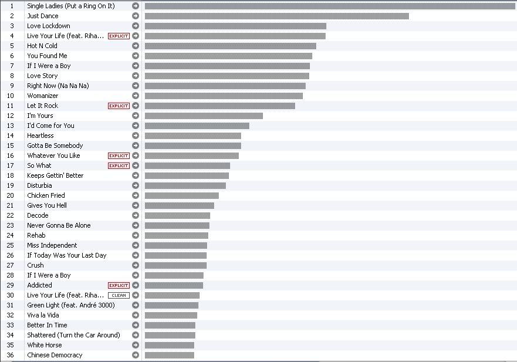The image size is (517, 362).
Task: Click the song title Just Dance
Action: click(x=43, y=16)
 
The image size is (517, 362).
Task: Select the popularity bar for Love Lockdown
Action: click(x=235, y=26)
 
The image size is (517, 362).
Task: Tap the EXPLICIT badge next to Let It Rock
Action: click(x=119, y=106)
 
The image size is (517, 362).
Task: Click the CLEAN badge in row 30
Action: click(x=119, y=295)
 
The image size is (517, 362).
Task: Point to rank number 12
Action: click(x=11, y=116)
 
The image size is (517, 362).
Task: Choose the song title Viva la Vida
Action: click(x=43, y=315)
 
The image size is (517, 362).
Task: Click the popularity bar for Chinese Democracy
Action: click(x=169, y=355)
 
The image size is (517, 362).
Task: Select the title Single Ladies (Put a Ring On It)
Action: click(x=71, y=6)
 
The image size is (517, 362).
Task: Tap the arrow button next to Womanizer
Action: click(x=136, y=96)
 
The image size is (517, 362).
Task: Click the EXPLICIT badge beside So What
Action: click(x=119, y=165)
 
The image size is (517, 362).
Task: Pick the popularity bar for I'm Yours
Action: click(x=204, y=116)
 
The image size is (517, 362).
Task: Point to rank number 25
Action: click(x=11, y=245)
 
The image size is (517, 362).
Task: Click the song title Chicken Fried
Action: click(x=46, y=195)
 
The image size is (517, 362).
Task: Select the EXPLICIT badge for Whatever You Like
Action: click(x=119, y=155)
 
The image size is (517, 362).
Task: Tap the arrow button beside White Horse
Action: click(x=136, y=345)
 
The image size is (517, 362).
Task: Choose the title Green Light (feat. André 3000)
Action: click(x=71, y=305)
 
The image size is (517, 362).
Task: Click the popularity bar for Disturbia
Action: click(x=185, y=185)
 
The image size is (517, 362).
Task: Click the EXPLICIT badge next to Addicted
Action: click(x=119, y=285)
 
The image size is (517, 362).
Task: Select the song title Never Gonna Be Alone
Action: click(x=59, y=225)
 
